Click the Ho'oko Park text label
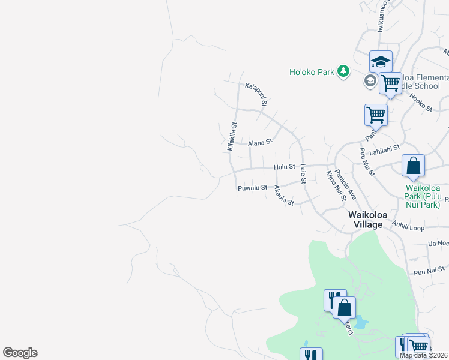[312, 72]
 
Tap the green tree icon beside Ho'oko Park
[343, 72]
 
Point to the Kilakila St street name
[231, 137]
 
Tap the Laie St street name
[303, 173]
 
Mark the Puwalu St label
[252, 188]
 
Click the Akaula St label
[283, 196]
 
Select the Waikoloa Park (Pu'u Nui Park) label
[423, 196]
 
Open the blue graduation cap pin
[381, 61]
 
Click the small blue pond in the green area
[360, 323]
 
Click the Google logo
[20, 353]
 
